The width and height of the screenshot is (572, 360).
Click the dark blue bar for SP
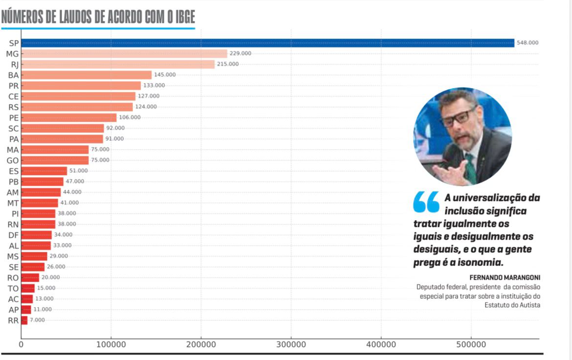click(x=267, y=43)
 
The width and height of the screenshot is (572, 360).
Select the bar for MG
click(x=124, y=54)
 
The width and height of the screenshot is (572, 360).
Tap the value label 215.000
click(x=228, y=64)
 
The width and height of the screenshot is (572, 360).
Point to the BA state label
click(x=13, y=75)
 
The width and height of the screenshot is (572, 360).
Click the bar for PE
click(x=69, y=117)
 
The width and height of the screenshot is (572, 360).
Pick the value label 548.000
click(x=528, y=43)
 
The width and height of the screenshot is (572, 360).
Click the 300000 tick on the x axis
click(x=291, y=344)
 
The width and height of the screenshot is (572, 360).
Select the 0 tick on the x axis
click(x=21, y=344)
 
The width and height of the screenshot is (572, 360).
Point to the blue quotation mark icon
click(x=426, y=202)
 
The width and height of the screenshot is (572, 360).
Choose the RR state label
click(x=13, y=321)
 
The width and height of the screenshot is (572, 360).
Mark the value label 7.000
click(x=37, y=320)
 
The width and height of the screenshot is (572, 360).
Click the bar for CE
click(x=78, y=96)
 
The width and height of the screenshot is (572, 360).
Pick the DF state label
click(x=13, y=235)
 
